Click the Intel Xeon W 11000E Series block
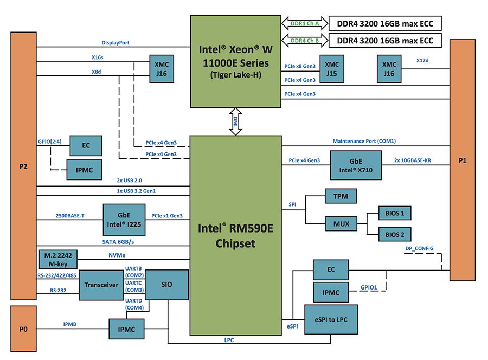click(x=235, y=61)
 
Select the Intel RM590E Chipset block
click(x=235, y=235)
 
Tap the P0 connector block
click(x=23, y=328)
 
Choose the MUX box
click(x=340, y=223)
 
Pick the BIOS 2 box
click(x=395, y=234)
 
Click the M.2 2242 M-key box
click(x=57, y=259)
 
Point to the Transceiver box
click(x=101, y=284)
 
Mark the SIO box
click(x=166, y=284)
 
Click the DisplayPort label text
click(x=115, y=43)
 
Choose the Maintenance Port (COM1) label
click(x=364, y=141)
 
